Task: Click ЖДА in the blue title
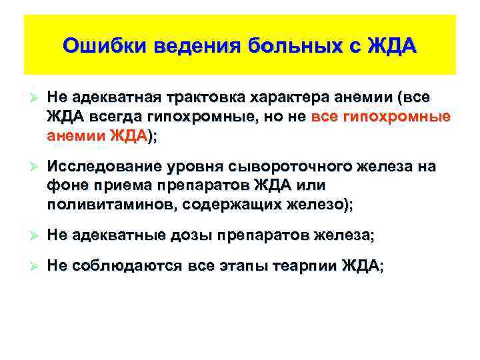coord(393,47)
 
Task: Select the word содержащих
coord(225,206)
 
